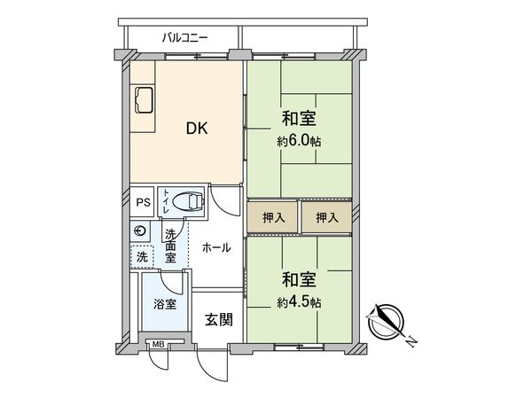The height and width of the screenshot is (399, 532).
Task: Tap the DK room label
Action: coord(196,129)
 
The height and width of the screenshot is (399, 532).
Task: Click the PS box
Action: coord(143,201)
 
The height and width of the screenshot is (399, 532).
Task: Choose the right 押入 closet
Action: coord(326,217)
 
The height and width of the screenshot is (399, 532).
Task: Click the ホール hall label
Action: coord(217,248)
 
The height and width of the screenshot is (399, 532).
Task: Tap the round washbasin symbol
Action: coord(140,231)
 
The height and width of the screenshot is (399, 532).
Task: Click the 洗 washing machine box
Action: coord(141,256)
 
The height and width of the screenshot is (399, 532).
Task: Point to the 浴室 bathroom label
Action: coord(164,304)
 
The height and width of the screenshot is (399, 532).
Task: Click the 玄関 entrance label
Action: coord(216,319)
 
